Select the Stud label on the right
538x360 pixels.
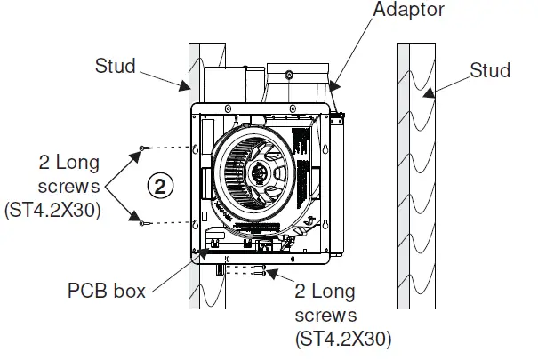[492, 70]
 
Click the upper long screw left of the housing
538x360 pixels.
[142, 147]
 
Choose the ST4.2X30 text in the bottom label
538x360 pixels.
[342, 337]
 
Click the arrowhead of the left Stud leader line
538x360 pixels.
[188, 90]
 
